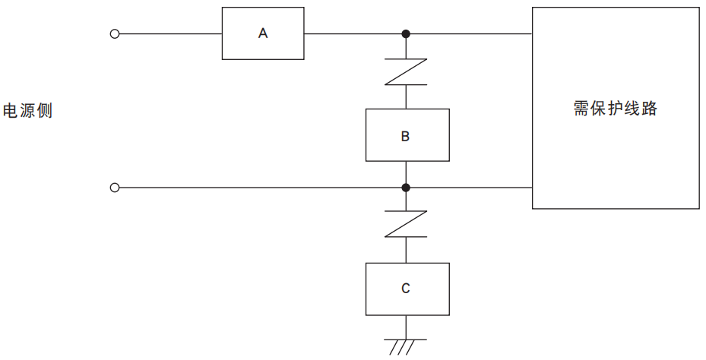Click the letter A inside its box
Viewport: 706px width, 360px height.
coord(263,33)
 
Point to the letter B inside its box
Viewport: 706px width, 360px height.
coord(406,137)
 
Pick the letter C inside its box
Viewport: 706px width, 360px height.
coord(406,289)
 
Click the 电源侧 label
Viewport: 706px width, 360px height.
coord(28,111)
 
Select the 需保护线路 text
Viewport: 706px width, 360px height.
coord(615,109)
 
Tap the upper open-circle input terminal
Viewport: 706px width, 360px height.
coord(115,33)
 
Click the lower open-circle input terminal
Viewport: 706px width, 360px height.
coord(115,188)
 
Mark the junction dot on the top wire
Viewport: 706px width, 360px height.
coord(407,33)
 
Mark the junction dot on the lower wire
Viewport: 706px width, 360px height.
coord(407,188)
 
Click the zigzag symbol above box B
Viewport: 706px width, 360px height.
coord(407,72)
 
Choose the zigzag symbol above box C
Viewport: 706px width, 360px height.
coord(407,225)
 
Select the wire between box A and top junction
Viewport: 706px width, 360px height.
coord(353,33)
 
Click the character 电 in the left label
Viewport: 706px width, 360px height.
coord(11,111)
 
